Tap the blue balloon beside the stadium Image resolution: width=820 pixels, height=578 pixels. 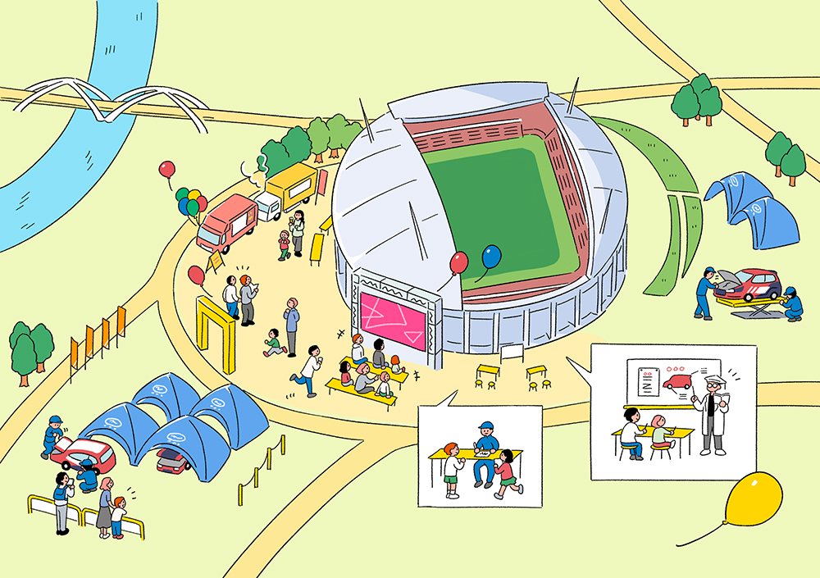click(491, 257)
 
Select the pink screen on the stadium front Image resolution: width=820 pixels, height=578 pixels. click(394, 320)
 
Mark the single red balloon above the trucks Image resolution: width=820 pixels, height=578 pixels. click(167, 170)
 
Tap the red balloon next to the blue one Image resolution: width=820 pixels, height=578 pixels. click(459, 262)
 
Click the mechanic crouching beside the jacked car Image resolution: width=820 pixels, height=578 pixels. click(791, 303)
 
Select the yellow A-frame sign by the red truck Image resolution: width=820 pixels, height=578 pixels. click(216, 261)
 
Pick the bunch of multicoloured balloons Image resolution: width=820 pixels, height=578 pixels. click(191, 201)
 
